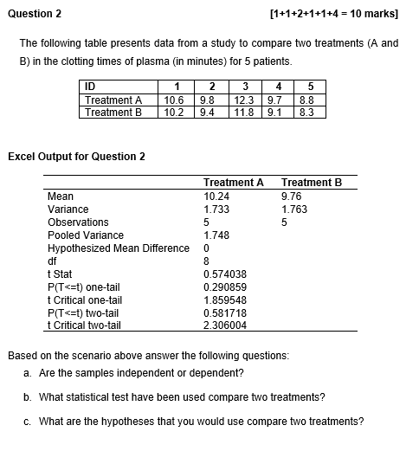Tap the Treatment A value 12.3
pyautogui.click(x=244, y=100)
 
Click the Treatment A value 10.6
pyautogui.click(x=176, y=100)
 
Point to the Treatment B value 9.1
pyautogui.click(x=277, y=112)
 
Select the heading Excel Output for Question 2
pyautogui.click(x=76, y=156)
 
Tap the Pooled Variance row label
pyautogui.click(x=85, y=235)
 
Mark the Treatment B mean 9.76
pyautogui.click(x=293, y=196)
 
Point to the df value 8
pyautogui.click(x=206, y=261)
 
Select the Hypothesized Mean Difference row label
pyautogui.click(x=118, y=248)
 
